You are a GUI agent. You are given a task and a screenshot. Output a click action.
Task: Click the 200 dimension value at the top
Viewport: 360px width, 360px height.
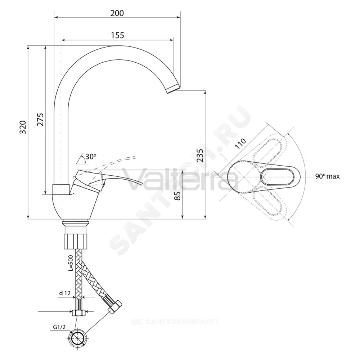coord(117,13)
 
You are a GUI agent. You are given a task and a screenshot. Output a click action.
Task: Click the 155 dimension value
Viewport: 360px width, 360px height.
coord(117,35)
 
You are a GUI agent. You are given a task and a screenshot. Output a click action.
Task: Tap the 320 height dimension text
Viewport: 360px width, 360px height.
coord(23,127)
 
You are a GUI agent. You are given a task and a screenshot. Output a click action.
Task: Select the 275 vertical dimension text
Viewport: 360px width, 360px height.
coord(40,120)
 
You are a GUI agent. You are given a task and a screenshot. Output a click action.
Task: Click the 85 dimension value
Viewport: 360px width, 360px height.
coord(178,196)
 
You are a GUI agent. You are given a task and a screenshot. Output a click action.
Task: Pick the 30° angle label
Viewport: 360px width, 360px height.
coord(91,157)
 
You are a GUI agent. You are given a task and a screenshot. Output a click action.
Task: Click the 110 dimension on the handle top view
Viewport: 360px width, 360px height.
coord(240,144)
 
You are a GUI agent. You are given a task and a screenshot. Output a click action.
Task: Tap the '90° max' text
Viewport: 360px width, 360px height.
coord(327,176)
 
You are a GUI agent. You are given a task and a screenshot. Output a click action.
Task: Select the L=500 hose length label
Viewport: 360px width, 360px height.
coord(71,263)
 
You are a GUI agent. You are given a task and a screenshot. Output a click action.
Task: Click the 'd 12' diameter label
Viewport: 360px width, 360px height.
coord(65,293)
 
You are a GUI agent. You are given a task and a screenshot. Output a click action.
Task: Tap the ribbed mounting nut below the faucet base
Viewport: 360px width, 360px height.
coord(75,241)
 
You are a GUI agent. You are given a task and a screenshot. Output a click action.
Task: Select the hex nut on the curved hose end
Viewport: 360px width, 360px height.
coord(115,307)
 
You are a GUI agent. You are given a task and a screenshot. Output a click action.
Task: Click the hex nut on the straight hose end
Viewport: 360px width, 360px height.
coord(78,312)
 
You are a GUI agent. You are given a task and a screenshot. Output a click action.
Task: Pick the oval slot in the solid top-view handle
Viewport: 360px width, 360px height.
coord(278,177)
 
